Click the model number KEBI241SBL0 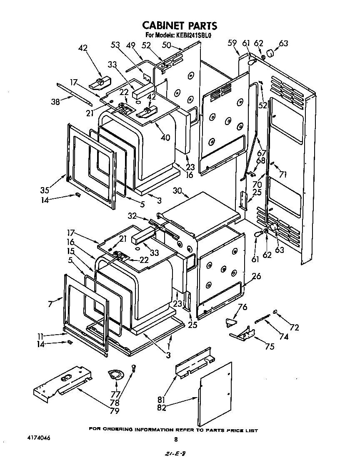pos(196,35)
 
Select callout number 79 pos(114,411)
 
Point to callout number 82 pos(162,408)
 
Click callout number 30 pos(178,190)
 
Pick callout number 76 pos(242,307)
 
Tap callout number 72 pos(294,328)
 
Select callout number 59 pos(232,43)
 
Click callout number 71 pos(283,175)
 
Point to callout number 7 pos(50,303)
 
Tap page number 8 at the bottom pos(176,439)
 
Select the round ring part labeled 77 pos(114,375)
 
